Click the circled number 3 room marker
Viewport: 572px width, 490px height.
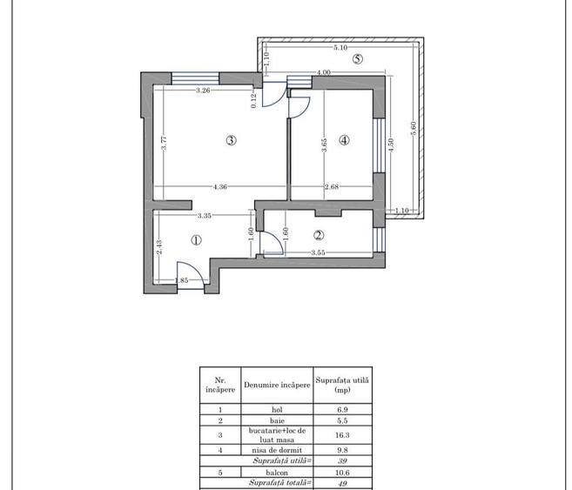tap(232, 140)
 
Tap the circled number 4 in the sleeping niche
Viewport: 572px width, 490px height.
tap(344, 140)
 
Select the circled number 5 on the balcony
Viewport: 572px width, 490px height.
tap(358, 58)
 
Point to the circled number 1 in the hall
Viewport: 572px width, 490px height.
tap(196, 240)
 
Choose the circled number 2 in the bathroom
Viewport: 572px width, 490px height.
tap(319, 235)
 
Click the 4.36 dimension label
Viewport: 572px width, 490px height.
tap(220, 186)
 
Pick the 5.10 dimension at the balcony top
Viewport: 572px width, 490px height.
tap(340, 47)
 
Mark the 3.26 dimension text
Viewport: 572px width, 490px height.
tap(203, 91)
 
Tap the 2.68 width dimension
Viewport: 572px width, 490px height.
tap(332, 186)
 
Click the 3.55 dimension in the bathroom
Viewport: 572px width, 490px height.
tap(318, 252)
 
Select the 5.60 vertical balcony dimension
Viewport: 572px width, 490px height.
tap(414, 128)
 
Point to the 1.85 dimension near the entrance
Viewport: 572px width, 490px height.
tap(182, 280)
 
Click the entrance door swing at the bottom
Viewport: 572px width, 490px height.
tap(190, 272)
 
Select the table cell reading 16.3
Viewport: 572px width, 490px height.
tap(342, 435)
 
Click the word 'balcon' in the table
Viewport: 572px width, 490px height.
tap(277, 473)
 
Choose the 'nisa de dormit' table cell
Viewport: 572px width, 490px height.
tap(277, 450)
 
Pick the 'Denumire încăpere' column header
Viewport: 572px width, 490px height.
tap(277, 385)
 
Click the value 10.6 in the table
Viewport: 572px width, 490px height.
tap(342, 473)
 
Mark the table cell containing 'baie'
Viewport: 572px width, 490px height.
tap(277, 420)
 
